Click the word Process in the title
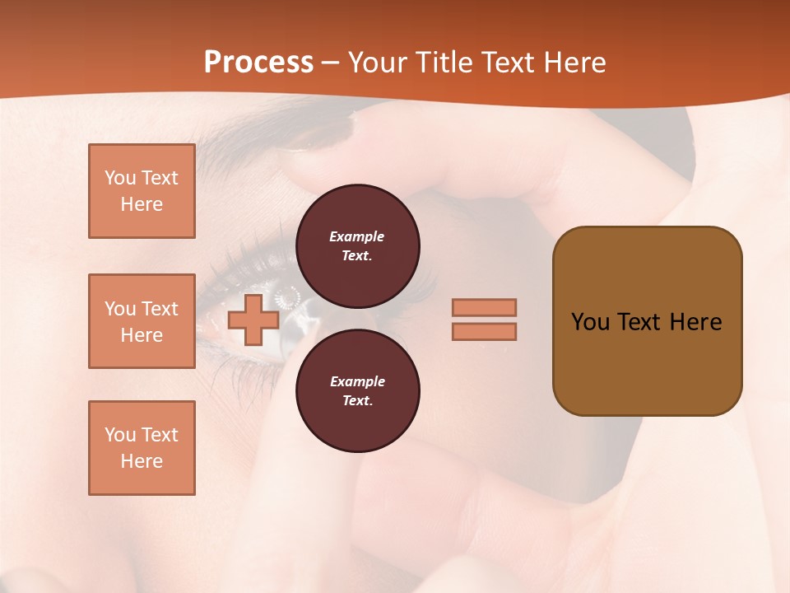[258, 63]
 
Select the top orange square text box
[142, 191]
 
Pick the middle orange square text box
[142, 321]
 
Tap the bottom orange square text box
[142, 448]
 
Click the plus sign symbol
[253, 320]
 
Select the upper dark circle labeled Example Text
[357, 245]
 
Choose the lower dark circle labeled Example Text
[357, 390]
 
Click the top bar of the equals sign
[484, 307]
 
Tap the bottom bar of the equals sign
[484, 331]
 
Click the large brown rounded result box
[647, 354]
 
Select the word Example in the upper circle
[357, 236]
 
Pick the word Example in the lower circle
[357, 381]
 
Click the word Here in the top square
[142, 204]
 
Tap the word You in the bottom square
[119, 435]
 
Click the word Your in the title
[379, 63]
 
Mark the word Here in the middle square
[142, 335]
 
